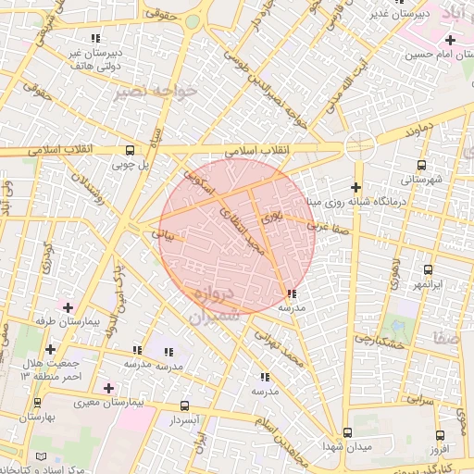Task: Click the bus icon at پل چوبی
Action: [130, 149]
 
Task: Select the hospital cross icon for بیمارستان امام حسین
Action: [450, 40]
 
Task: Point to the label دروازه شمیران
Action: [215, 305]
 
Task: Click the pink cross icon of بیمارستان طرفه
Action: [68, 306]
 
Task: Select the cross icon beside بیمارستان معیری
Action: [109, 387]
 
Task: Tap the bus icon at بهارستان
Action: [37, 403]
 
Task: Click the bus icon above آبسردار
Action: [184, 405]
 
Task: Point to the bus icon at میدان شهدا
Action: [348, 432]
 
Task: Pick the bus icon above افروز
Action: [439, 435]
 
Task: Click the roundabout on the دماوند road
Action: [359, 145]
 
